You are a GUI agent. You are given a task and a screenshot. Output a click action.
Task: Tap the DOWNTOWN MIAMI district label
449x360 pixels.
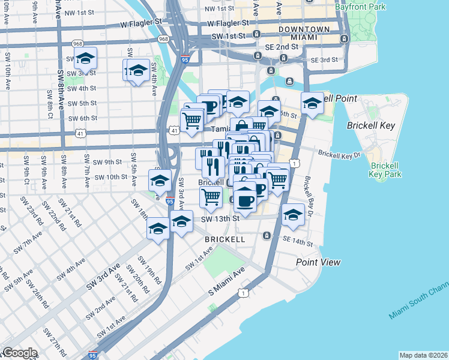click(x=303, y=33)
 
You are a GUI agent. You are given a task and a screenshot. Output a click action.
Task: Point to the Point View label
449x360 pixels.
click(x=318, y=262)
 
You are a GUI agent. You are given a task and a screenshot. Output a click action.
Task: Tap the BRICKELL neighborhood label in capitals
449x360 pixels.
click(x=225, y=239)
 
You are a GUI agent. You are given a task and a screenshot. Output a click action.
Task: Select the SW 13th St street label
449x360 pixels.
click(x=220, y=219)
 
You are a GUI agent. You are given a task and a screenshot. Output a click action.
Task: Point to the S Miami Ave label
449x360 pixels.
click(x=227, y=282)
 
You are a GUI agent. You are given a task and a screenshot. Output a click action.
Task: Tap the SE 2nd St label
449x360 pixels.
click(x=279, y=46)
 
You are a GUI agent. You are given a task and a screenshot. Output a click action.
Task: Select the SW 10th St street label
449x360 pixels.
click(x=106, y=177)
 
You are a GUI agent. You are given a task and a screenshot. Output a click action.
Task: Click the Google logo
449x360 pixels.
click(x=19, y=353)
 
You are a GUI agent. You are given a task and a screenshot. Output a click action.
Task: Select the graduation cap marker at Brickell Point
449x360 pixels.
click(x=312, y=103)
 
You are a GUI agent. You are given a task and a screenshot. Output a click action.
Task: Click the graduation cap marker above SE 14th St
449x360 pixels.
click(x=292, y=215)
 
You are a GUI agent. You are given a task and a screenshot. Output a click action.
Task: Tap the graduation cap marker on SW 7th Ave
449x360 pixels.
click(x=86, y=58)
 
